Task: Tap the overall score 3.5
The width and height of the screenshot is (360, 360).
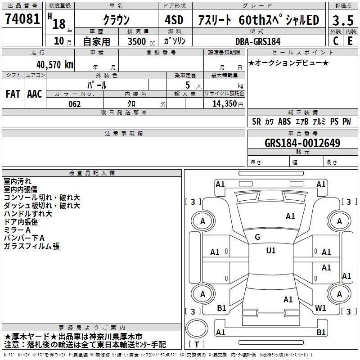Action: (343, 20)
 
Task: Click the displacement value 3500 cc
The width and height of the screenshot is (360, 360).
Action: (139, 41)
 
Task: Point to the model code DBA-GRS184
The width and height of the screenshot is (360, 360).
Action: (258, 41)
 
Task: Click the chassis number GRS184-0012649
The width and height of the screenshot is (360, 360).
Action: (302, 144)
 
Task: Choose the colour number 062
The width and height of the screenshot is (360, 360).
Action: (75, 104)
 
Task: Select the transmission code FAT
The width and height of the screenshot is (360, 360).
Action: (13, 94)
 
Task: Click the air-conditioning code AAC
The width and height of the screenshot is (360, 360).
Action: (35, 94)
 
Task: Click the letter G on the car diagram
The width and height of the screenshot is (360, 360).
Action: (257, 237)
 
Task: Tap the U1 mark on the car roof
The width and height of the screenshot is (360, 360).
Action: (271, 251)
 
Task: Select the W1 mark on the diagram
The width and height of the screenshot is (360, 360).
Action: (321, 308)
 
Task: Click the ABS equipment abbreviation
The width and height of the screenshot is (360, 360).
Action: (284, 121)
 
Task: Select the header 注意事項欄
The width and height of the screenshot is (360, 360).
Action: (124, 134)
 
